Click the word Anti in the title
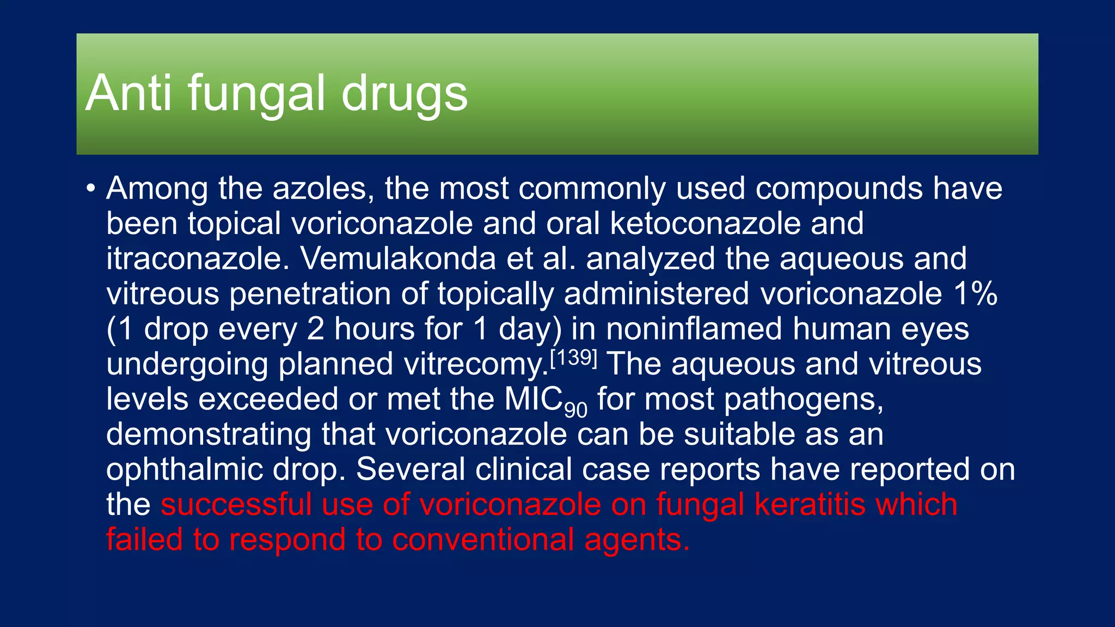point(129,94)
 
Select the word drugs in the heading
point(404,94)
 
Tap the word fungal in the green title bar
point(256,94)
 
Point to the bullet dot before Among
point(91,189)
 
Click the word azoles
point(323,189)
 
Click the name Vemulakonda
point(398,259)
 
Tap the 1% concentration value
point(975,294)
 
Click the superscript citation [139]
point(574,358)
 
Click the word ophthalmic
point(185,470)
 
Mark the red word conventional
point(482,540)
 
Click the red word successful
point(236,505)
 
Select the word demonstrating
point(208,434)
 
